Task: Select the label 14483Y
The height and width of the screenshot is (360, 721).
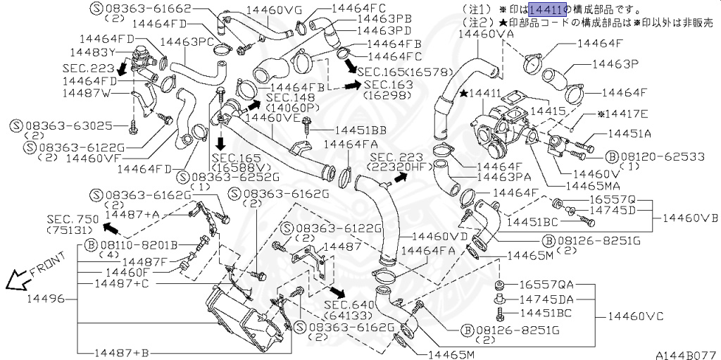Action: pyautogui.click(x=92, y=52)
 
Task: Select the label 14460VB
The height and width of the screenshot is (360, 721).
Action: pyautogui.click(x=690, y=218)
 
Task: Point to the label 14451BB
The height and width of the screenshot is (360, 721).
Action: pyautogui.click(x=360, y=130)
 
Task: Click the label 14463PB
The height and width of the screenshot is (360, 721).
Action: pyautogui.click(x=384, y=19)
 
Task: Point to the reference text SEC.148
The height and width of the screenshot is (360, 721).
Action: pyautogui.click(x=291, y=97)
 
